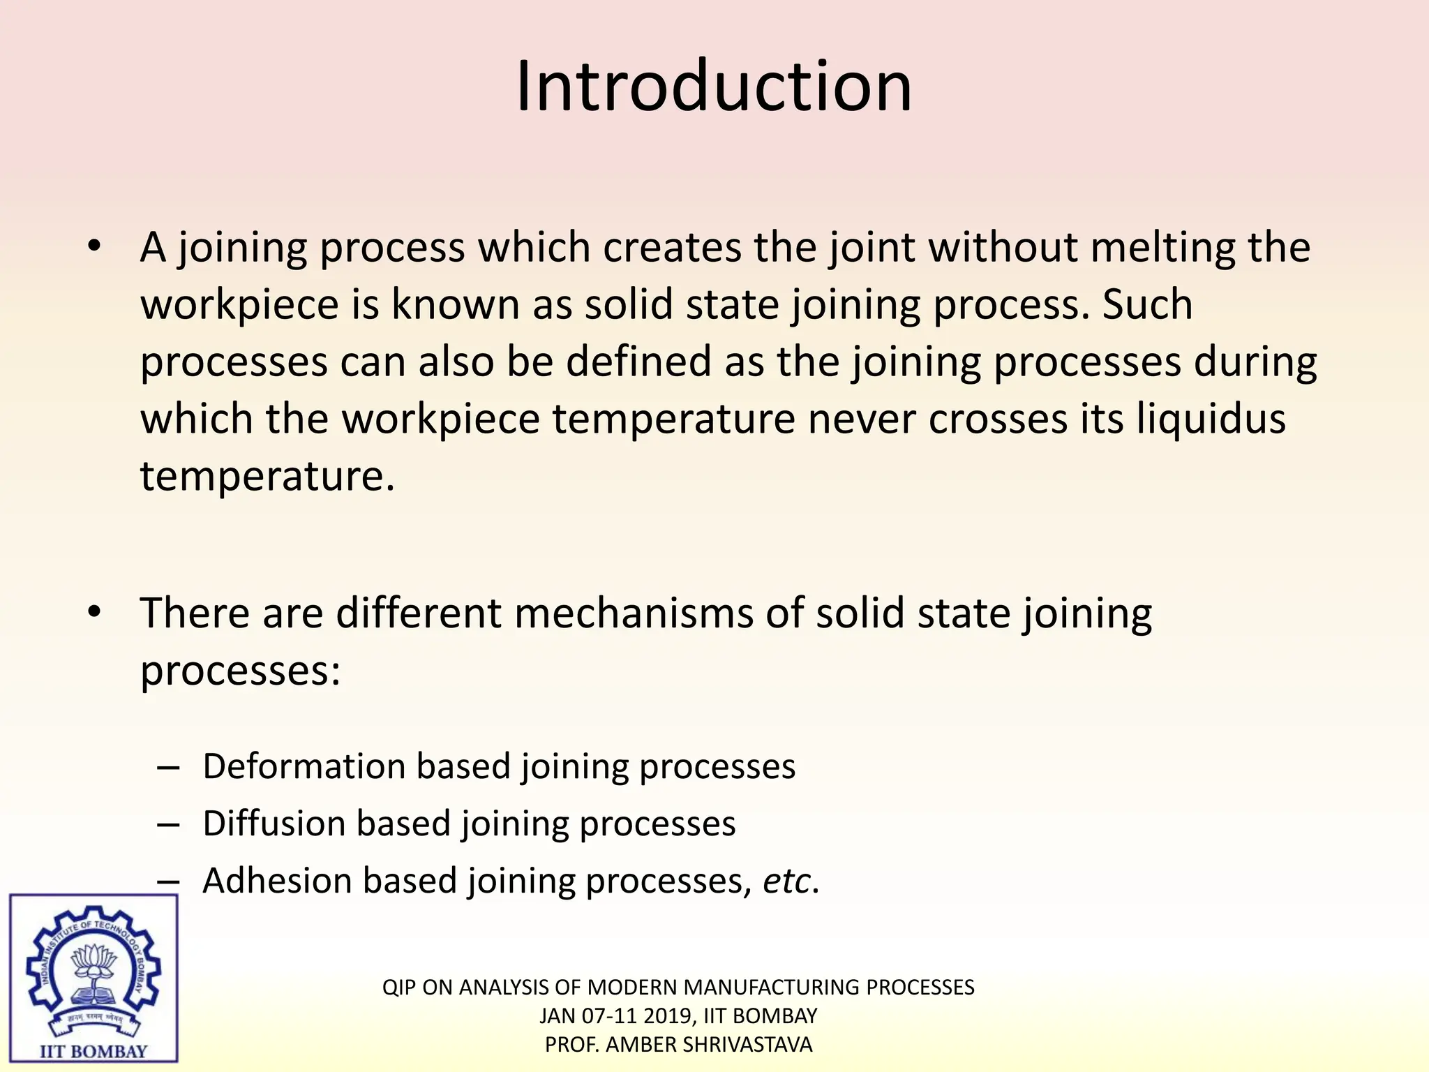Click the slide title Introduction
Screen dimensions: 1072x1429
click(x=714, y=87)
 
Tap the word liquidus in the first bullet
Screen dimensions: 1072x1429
click(x=1211, y=419)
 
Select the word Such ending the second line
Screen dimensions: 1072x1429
click(x=1147, y=305)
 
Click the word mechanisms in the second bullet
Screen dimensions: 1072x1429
click(x=634, y=613)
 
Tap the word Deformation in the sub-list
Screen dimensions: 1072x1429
click(x=304, y=766)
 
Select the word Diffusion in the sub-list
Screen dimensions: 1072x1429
click(x=274, y=824)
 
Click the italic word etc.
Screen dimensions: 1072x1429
click(x=787, y=881)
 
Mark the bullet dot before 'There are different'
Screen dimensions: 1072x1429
click(x=95, y=612)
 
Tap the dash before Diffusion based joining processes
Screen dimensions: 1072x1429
click(x=168, y=824)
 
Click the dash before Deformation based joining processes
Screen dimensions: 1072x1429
click(x=168, y=767)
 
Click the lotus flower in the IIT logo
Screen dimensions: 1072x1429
click(x=94, y=961)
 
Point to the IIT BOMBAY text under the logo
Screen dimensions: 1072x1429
click(x=93, y=1051)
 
